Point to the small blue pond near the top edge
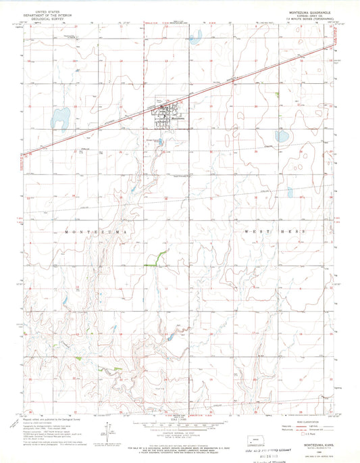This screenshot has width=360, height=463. point(195,39)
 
